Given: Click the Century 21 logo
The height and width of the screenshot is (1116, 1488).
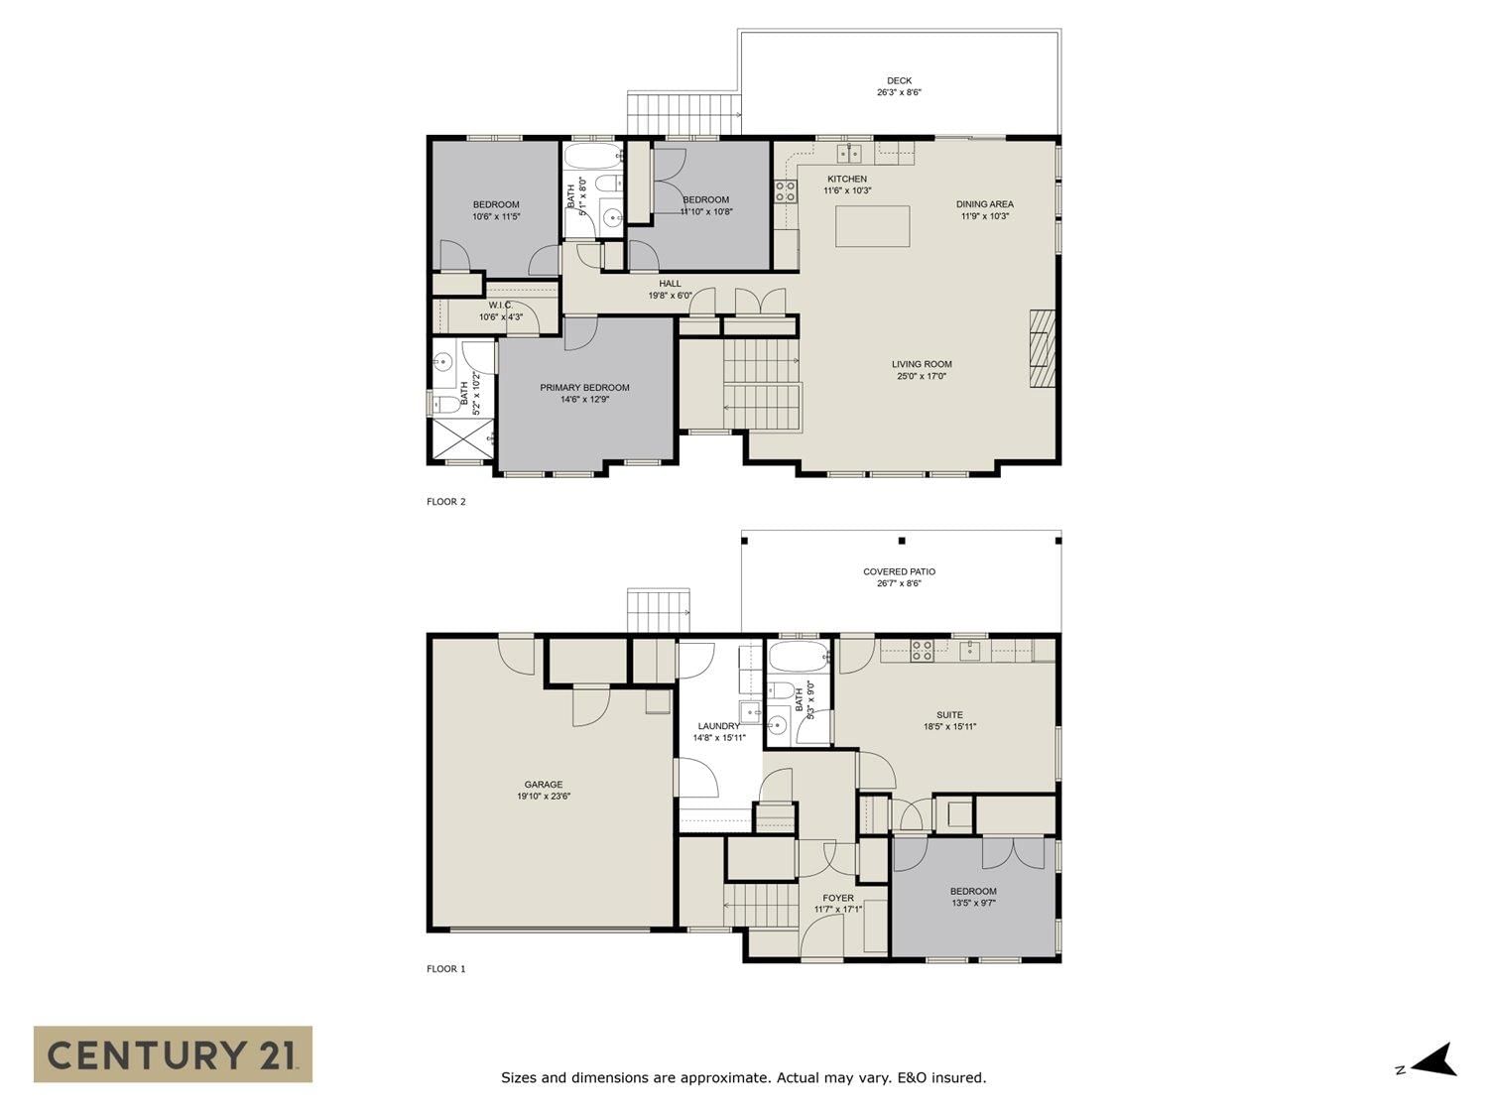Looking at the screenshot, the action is click(x=173, y=1054).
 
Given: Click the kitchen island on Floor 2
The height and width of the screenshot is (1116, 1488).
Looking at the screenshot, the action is click(x=872, y=226).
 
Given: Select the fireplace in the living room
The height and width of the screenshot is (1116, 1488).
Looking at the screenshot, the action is click(x=1043, y=348).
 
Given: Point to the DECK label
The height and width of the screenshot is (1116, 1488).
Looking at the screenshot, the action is click(x=899, y=80).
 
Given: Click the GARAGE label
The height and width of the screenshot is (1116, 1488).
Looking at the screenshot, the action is click(x=543, y=784).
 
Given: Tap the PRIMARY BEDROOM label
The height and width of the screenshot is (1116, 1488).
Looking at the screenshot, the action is click(x=584, y=388).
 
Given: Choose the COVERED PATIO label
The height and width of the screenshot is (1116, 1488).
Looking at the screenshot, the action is click(x=899, y=571).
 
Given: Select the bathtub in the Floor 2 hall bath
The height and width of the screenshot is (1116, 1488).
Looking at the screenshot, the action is click(x=593, y=157).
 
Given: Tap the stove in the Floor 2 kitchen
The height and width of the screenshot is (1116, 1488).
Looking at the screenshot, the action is click(x=786, y=191).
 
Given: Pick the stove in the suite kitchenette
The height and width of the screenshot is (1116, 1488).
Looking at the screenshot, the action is click(x=922, y=651).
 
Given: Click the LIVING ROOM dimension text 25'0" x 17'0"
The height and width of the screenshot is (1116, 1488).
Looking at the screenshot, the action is click(x=922, y=376).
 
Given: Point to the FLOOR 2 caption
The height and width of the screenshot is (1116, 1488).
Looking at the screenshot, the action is click(x=446, y=501).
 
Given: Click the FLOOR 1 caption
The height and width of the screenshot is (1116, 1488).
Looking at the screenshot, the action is click(x=446, y=968).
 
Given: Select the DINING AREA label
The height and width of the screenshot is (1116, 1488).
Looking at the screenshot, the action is click(x=984, y=204).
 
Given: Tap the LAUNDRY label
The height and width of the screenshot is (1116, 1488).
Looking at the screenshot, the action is click(x=718, y=726).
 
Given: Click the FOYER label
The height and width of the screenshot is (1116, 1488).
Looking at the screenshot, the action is click(x=838, y=898).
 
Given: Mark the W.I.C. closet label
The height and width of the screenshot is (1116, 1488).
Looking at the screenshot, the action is click(x=500, y=305).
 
